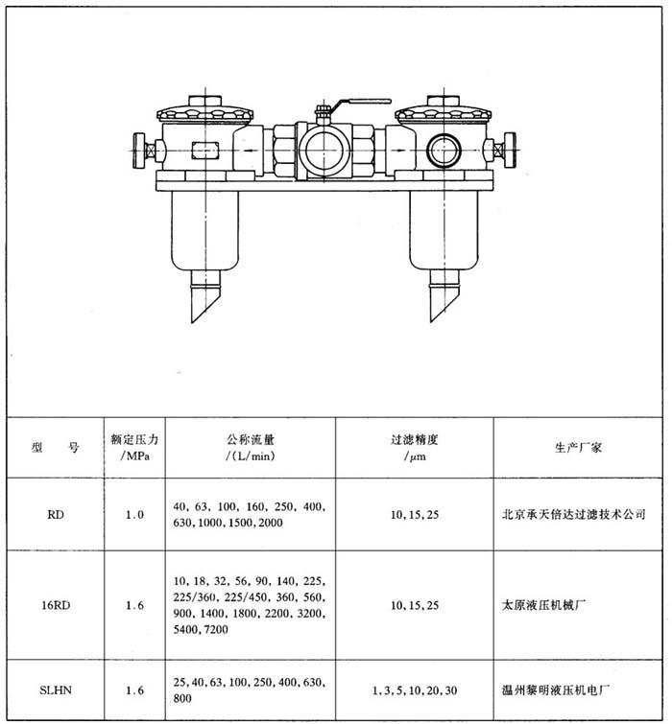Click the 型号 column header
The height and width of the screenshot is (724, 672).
pyautogui.click(x=56, y=447)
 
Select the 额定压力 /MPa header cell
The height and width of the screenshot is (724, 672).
pyautogui.click(x=134, y=447)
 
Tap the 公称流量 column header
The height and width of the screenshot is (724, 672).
pyautogui.click(x=251, y=448)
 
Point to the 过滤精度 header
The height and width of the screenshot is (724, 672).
pyautogui.click(x=415, y=448)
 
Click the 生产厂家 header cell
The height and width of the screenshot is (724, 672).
pyautogui.click(x=578, y=447)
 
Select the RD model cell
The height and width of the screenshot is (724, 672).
pyautogui.click(x=56, y=514)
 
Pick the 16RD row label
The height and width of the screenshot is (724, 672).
pyautogui.click(x=56, y=605)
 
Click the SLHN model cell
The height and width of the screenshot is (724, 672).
pyautogui.click(x=56, y=690)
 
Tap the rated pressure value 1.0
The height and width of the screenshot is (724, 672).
pyautogui.click(x=134, y=514)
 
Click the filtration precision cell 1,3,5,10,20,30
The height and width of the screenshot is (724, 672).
pyautogui.click(x=415, y=690)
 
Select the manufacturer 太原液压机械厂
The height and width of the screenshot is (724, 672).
pyautogui.click(x=543, y=605)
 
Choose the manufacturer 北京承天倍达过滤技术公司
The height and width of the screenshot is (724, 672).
pyautogui.click(x=573, y=514)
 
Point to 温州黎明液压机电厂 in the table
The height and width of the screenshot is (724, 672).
pyautogui.click(x=556, y=690)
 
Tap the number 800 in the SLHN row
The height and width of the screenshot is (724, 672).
pyautogui.click(x=182, y=698)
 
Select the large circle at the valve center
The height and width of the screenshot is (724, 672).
pyautogui.click(x=324, y=150)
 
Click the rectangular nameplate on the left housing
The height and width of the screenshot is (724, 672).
pyautogui.click(x=204, y=150)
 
